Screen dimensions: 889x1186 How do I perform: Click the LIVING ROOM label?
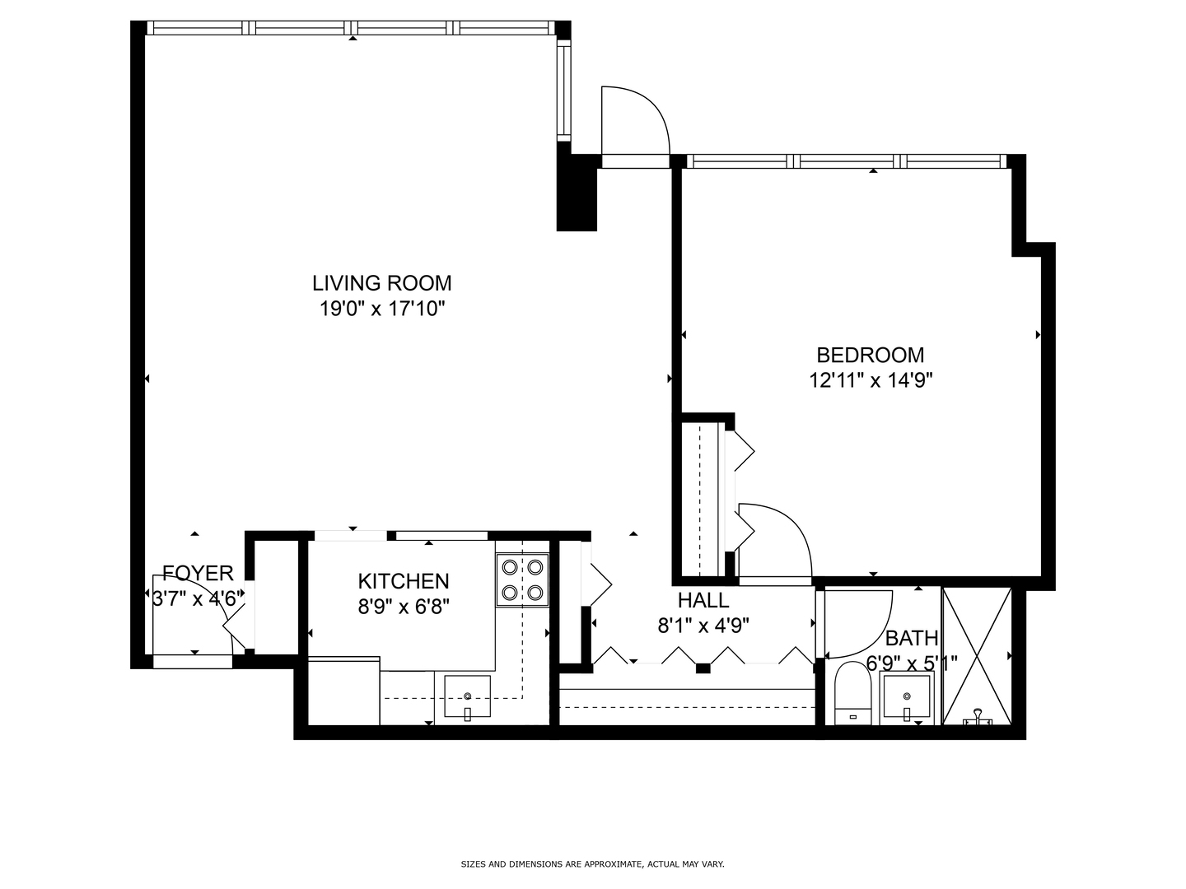(381, 283)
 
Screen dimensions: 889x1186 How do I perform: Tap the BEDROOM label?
(870, 355)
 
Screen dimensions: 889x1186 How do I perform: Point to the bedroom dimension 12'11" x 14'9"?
(870, 380)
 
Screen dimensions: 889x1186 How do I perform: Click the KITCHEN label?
(403, 581)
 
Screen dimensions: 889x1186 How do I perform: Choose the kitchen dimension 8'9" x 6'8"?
(403, 607)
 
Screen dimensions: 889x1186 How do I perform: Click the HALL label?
(703, 600)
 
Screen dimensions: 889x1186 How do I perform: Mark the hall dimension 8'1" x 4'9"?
(703, 626)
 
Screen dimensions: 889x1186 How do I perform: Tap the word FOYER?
(198, 573)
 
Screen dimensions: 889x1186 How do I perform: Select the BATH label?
(911, 638)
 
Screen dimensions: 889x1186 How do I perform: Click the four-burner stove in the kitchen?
(522, 579)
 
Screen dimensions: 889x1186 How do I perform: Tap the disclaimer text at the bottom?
(592, 864)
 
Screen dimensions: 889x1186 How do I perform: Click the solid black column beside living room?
(577, 193)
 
